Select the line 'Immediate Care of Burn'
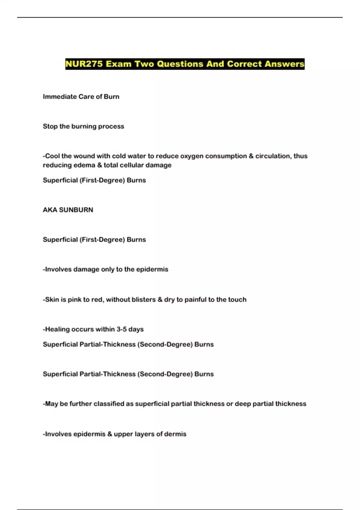(81, 97)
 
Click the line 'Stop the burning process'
(83, 126)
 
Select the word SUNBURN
(76, 210)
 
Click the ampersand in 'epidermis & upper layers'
(110, 434)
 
